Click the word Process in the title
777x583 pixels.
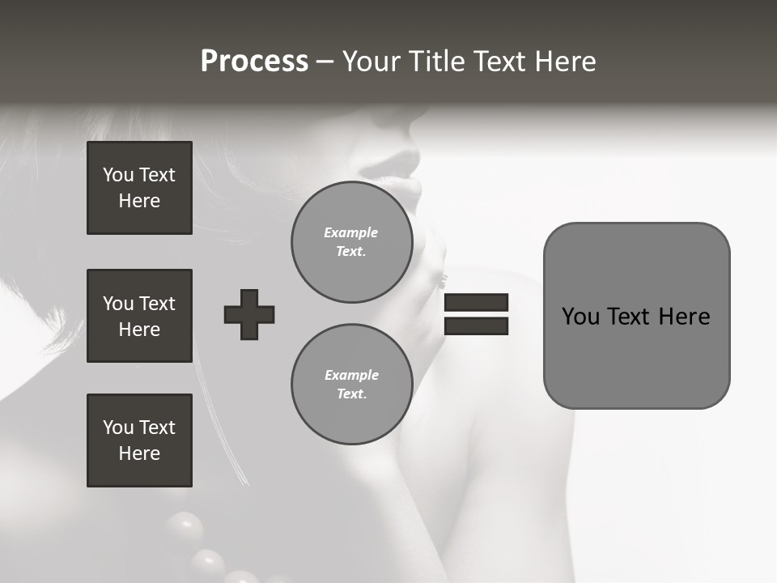coord(254,62)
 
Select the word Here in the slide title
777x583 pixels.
coord(564,62)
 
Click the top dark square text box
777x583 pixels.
coord(139,188)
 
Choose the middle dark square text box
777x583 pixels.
coord(139,316)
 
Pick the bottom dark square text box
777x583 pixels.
coord(139,440)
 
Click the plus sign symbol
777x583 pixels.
coord(249,314)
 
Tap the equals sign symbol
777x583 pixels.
coord(476,314)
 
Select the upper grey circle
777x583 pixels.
coord(351,242)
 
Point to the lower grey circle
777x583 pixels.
coord(351,385)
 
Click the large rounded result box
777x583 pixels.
coord(636,316)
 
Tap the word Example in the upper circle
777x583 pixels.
coord(350,232)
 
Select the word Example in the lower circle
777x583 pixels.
coord(351,375)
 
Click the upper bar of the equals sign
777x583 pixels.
coord(476,303)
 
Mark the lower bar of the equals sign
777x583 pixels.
coord(476,326)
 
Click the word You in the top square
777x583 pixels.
coord(117,175)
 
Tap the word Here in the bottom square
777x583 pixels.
coord(139,453)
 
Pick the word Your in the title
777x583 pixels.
coord(373,62)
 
